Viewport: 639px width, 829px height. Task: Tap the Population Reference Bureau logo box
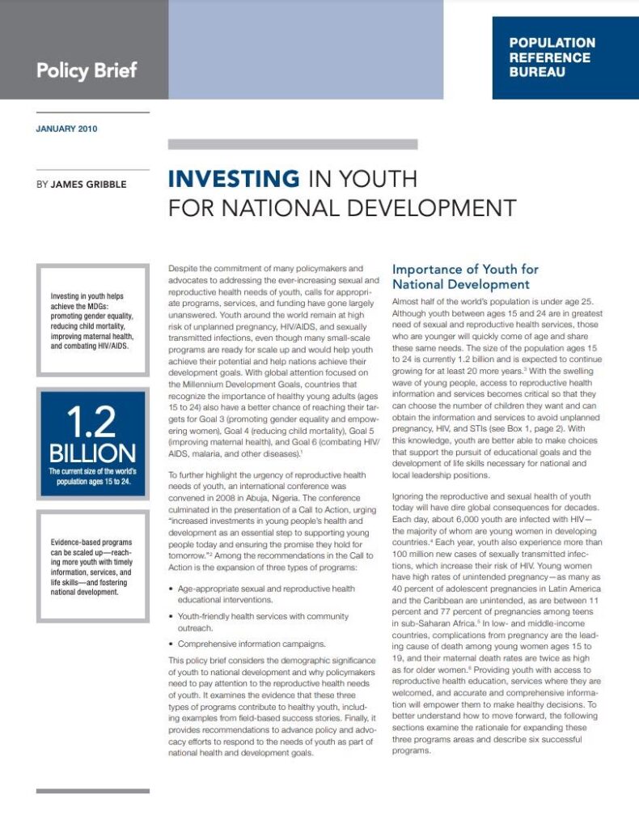point(564,57)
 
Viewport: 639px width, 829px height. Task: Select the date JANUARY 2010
point(67,129)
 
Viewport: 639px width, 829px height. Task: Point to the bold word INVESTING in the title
point(233,178)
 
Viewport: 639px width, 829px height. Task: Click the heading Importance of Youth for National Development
point(465,276)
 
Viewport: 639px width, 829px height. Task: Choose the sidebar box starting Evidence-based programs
point(91,567)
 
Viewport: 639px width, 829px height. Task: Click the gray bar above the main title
point(292,144)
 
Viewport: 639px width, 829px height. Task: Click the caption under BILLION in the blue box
point(92,476)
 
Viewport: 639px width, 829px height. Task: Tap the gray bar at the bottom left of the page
point(92,790)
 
